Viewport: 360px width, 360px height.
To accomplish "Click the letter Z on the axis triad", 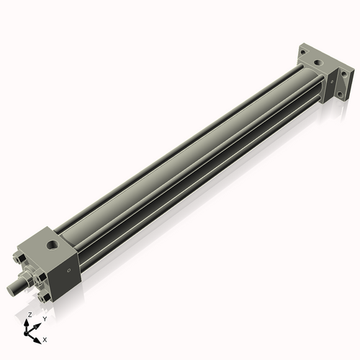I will tap(30, 315).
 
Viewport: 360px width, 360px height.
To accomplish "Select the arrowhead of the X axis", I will tap(38, 338).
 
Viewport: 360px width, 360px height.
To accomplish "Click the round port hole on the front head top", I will tap(52, 247).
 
